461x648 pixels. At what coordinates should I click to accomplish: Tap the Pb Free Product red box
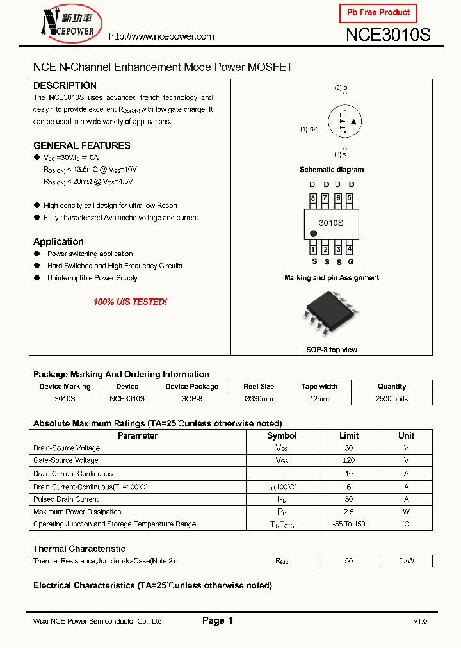coord(378,13)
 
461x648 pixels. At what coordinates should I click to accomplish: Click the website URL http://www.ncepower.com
coord(161,36)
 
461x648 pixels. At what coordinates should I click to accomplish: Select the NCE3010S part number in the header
coord(388,35)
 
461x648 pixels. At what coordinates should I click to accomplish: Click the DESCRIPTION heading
coord(65,86)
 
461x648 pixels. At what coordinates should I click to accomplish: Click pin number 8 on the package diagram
coord(313,198)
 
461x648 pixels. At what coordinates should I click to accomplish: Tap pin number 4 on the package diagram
coord(349,249)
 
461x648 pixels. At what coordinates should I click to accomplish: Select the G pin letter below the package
coord(350,261)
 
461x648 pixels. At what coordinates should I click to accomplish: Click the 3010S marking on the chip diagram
coord(331,223)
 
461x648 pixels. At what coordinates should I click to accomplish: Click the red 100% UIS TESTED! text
coord(130,302)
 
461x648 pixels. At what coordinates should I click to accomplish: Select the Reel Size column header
coord(259,387)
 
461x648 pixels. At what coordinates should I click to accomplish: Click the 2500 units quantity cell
coord(391,399)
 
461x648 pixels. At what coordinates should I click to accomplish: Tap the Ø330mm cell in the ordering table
coord(259,399)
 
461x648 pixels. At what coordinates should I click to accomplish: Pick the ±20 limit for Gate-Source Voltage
coord(348,460)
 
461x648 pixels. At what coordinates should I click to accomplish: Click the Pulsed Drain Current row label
coord(66,499)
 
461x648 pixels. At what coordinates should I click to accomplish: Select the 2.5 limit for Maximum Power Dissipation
coord(348,512)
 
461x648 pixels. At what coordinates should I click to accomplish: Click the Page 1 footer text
coord(218,620)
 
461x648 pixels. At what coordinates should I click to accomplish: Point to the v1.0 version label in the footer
coord(420,621)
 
